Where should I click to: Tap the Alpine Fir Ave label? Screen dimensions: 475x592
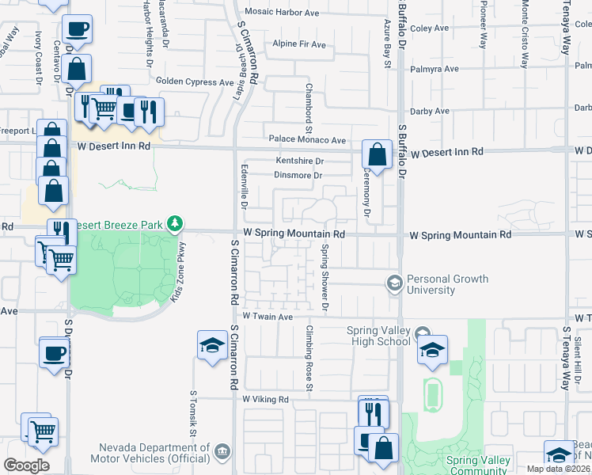click(x=298, y=44)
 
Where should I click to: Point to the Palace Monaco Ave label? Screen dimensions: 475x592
click(x=307, y=140)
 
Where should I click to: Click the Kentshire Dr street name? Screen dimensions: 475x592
click(x=300, y=161)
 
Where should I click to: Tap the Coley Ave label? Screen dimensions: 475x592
click(x=430, y=28)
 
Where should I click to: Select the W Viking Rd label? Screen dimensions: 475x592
click(x=266, y=400)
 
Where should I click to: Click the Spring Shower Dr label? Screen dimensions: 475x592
click(x=324, y=277)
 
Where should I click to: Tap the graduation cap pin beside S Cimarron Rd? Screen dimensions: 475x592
click(x=211, y=344)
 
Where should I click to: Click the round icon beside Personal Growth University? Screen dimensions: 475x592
click(x=393, y=283)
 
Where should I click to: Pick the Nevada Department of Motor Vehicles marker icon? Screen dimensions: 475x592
click(x=223, y=452)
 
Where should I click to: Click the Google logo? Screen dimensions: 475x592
click(x=26, y=465)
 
